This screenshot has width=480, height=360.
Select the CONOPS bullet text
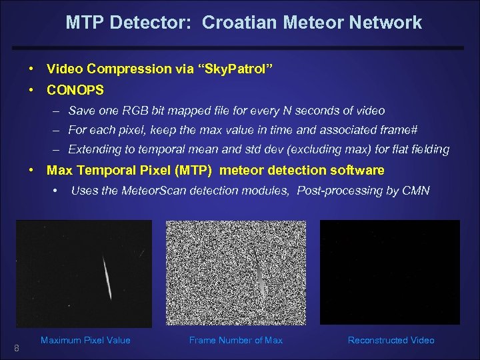[x=75, y=89]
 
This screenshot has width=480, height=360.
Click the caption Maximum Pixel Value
[x=85, y=341]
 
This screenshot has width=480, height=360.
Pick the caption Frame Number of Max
[x=236, y=341]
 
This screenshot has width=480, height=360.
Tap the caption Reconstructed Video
[x=391, y=341]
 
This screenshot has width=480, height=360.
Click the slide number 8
[x=17, y=349]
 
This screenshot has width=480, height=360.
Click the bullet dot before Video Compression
[x=32, y=69]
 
